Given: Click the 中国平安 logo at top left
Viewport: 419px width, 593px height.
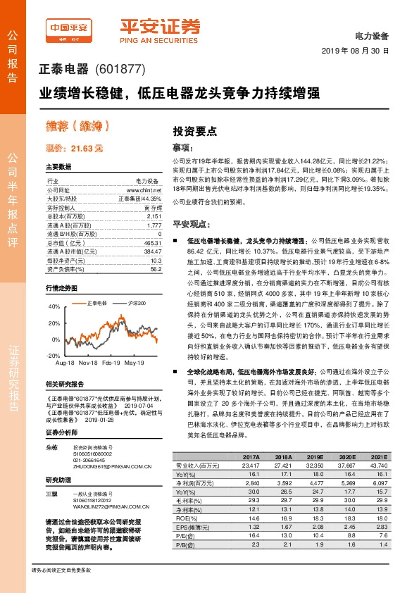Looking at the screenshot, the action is (x=69, y=29).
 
